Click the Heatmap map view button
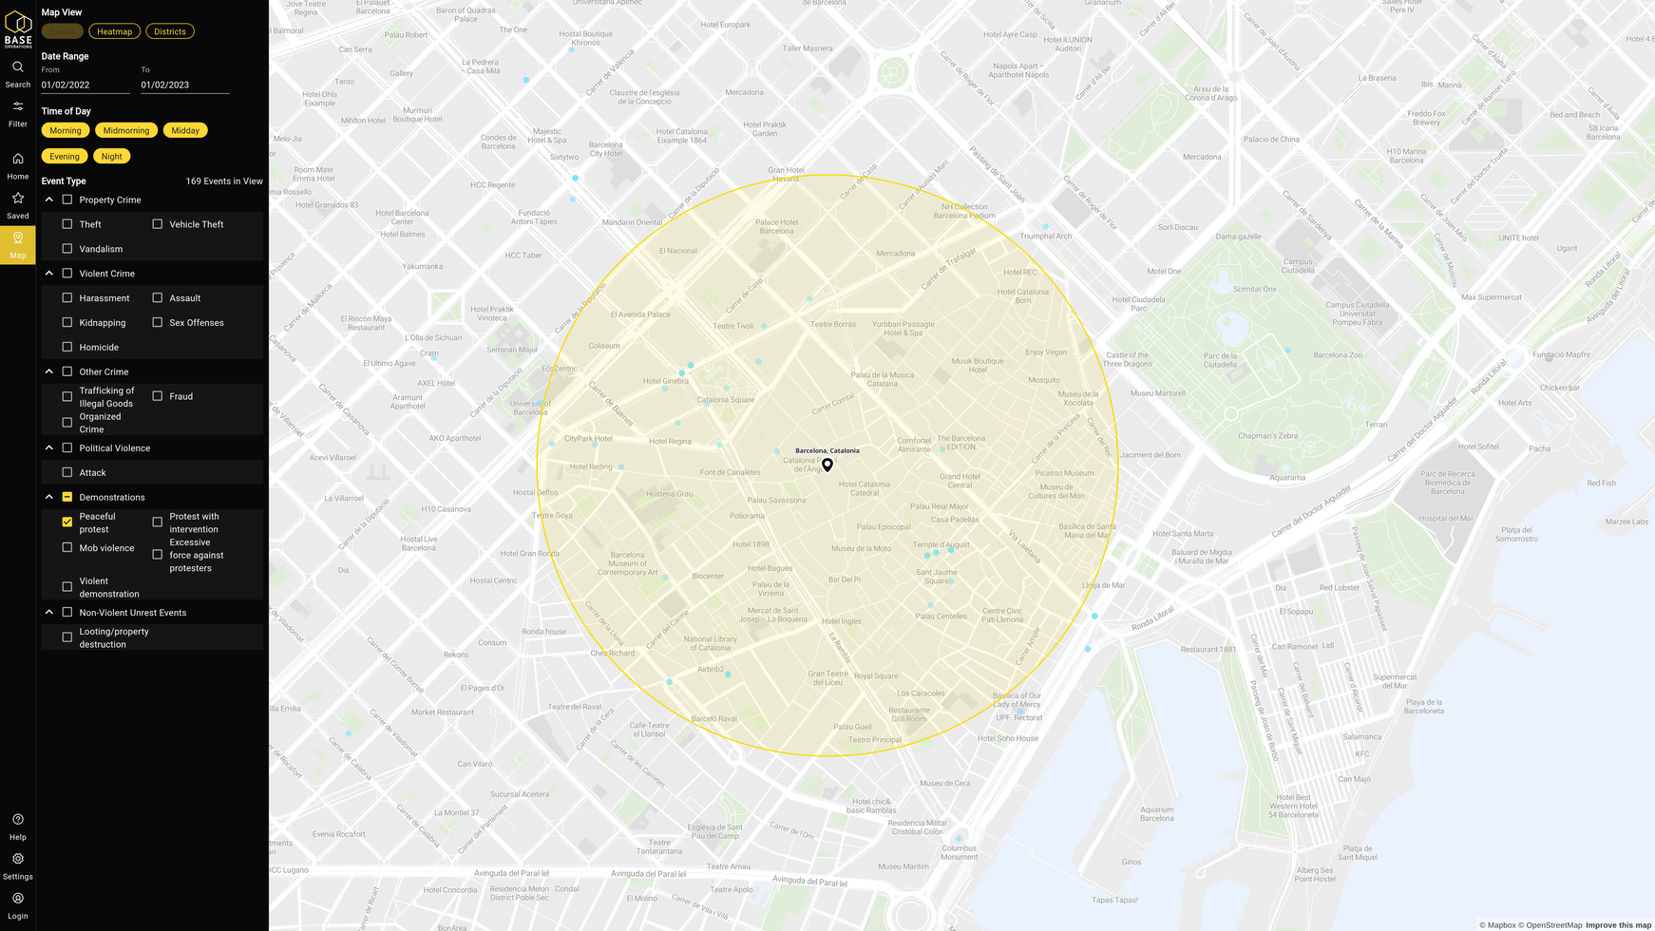(114, 31)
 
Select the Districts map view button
(170, 31)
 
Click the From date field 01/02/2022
(85, 85)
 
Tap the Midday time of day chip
(185, 130)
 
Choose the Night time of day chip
(112, 156)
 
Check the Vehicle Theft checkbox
(158, 224)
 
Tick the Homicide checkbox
(67, 347)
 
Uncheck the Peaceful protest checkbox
(67, 522)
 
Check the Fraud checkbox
(158, 396)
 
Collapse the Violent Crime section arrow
(49, 274)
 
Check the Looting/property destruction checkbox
(67, 637)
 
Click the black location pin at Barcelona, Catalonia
(827, 465)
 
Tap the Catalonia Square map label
(726, 400)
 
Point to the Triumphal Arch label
(1045, 237)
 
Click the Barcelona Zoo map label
(1338, 355)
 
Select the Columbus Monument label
(959, 852)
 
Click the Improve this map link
(1618, 925)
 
